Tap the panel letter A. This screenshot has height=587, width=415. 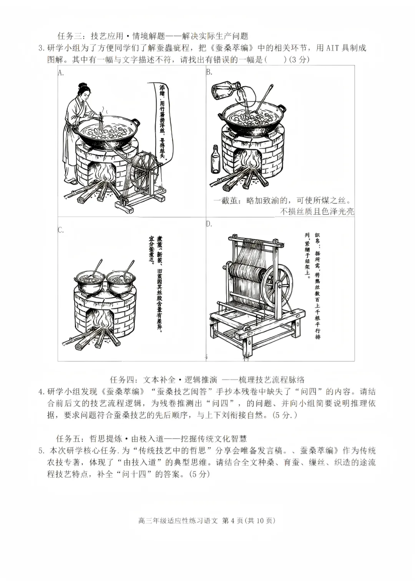(61, 72)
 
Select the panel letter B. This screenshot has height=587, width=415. (209, 72)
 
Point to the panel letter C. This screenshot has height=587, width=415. (61, 230)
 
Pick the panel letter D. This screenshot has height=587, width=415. (209, 224)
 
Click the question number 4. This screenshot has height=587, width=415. (41, 392)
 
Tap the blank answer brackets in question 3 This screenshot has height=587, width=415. (276, 60)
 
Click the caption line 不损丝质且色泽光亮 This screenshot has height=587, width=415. (317, 211)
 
